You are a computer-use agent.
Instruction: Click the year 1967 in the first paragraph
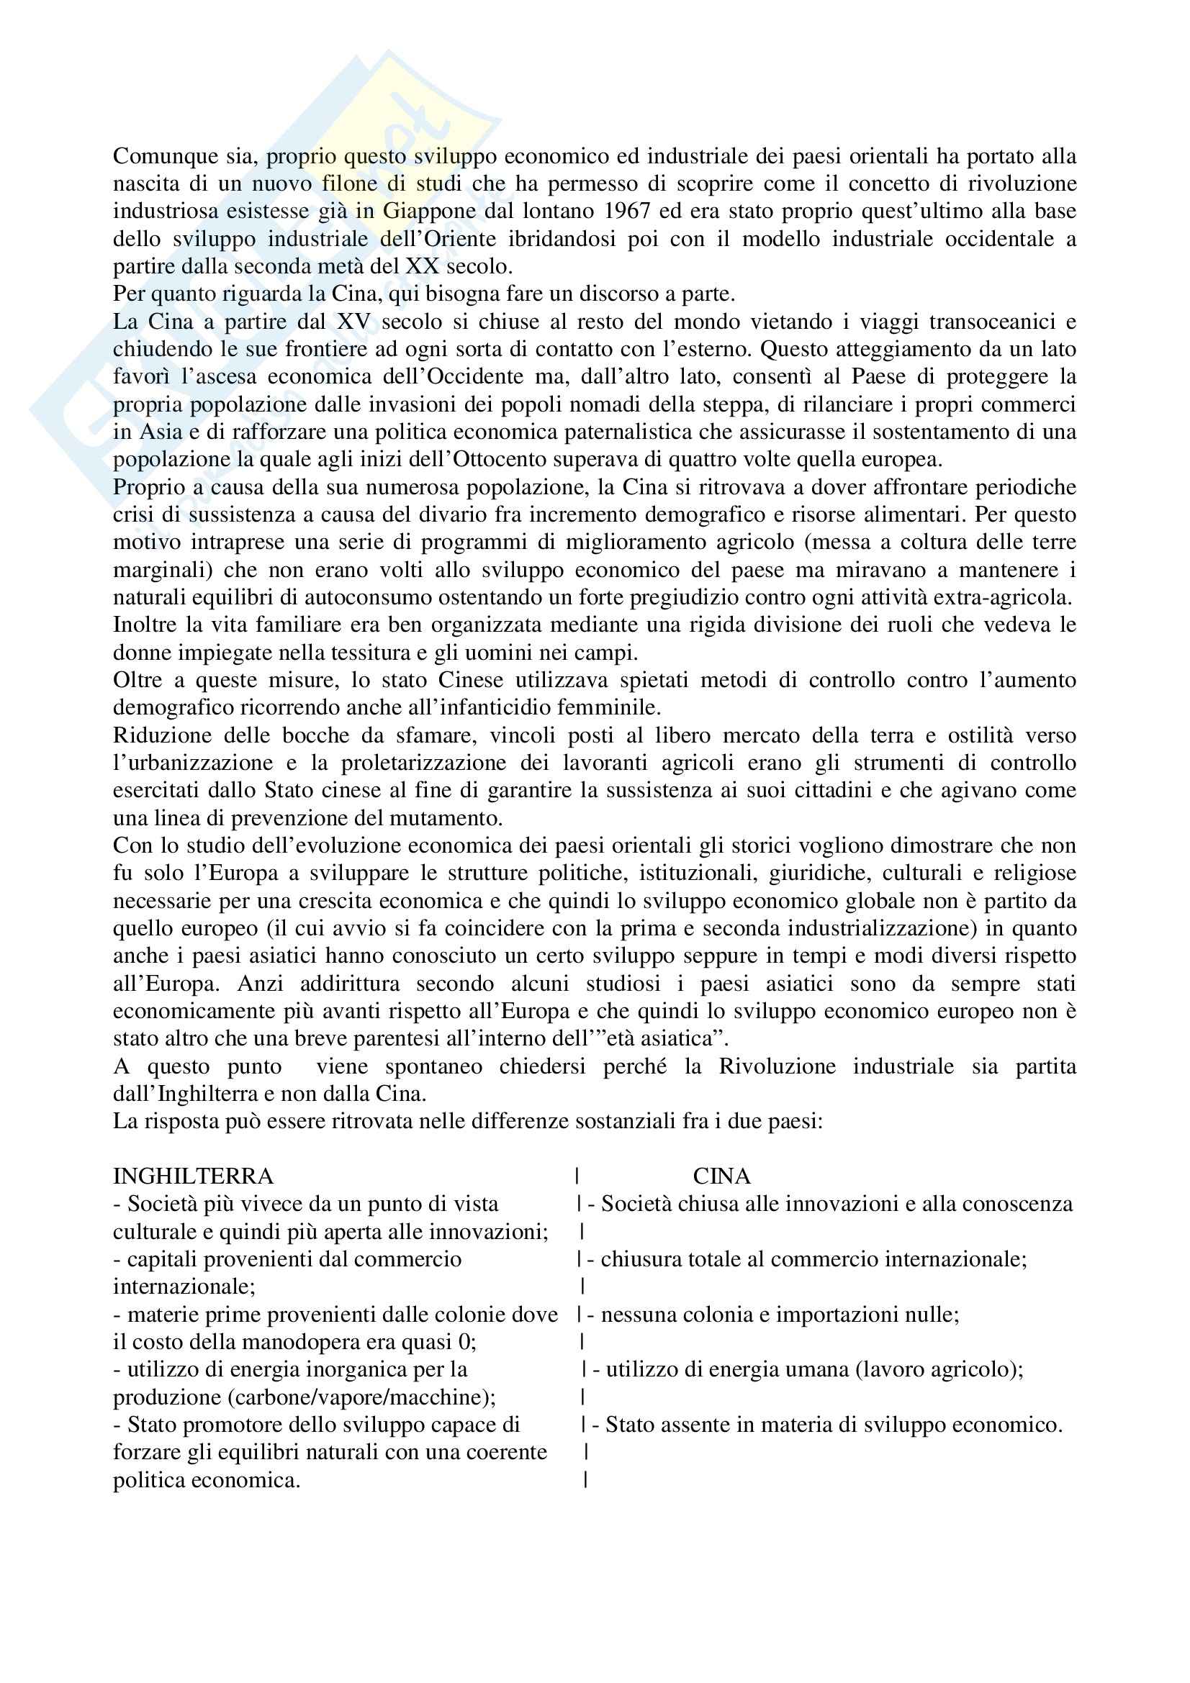(628, 211)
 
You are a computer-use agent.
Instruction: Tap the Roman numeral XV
(353, 322)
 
